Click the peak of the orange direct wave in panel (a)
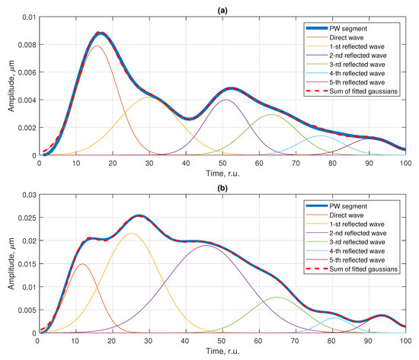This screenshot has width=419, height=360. click(97, 46)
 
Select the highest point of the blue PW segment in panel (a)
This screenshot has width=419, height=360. click(101, 33)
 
